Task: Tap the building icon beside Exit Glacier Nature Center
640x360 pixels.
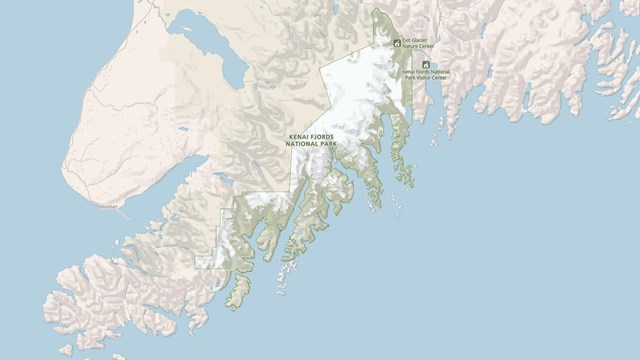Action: pyautogui.click(x=397, y=43)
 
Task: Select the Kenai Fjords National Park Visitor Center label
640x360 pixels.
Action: pyautogui.click(x=425, y=75)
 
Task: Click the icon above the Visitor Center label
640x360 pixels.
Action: pyautogui.click(x=425, y=63)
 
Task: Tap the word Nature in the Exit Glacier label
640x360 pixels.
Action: pyautogui.click(x=409, y=47)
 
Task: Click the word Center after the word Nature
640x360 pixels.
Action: pyautogui.click(x=425, y=47)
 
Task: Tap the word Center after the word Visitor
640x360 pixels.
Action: pyautogui.click(x=438, y=77)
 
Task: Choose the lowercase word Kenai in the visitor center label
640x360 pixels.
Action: pyautogui.click(x=408, y=72)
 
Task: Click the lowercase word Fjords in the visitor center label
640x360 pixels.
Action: pyautogui.click(x=422, y=72)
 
